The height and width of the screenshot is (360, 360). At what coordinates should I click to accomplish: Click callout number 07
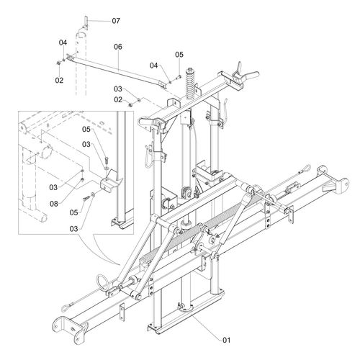(x=116, y=21)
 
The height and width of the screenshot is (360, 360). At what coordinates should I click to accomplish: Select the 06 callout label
(x=118, y=47)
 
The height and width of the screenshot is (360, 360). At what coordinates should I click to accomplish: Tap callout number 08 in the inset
(x=54, y=204)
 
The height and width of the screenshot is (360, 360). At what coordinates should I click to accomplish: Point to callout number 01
(x=226, y=340)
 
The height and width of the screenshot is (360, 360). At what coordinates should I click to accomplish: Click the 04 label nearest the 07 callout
(x=63, y=42)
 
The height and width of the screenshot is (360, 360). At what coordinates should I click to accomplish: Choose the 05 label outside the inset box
(x=179, y=55)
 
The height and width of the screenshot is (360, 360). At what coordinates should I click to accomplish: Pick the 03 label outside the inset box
(x=118, y=89)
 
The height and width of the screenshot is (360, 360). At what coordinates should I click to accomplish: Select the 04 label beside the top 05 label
(x=154, y=66)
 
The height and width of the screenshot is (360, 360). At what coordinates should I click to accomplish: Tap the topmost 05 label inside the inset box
(x=86, y=130)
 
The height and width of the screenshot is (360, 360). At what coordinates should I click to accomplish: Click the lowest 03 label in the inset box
(x=74, y=229)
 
